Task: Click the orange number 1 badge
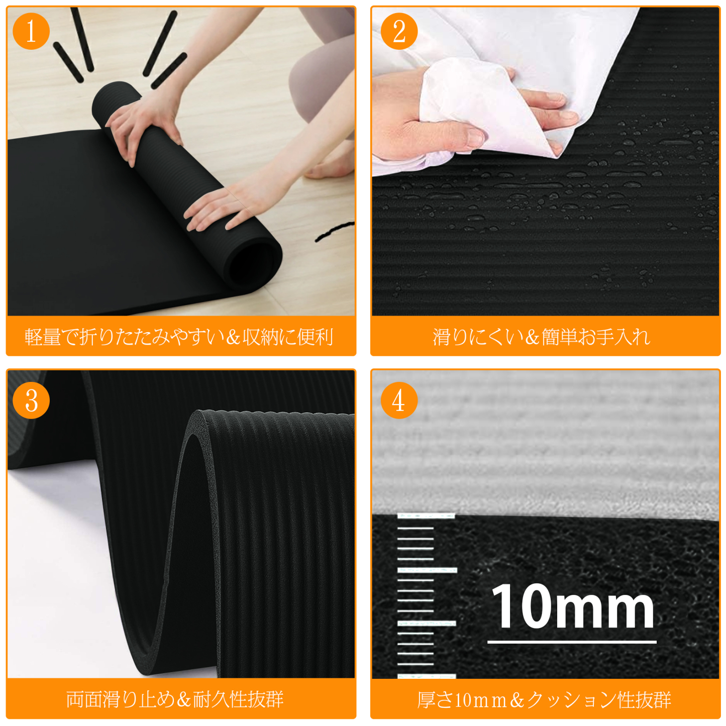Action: (31, 31)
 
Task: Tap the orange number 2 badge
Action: (399, 31)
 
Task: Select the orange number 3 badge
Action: (31, 400)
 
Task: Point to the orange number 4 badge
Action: (399, 400)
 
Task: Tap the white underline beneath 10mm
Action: (572, 642)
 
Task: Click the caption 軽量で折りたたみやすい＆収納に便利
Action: (179, 337)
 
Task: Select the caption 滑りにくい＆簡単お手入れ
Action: (542, 337)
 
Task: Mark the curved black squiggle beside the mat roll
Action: (335, 231)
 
